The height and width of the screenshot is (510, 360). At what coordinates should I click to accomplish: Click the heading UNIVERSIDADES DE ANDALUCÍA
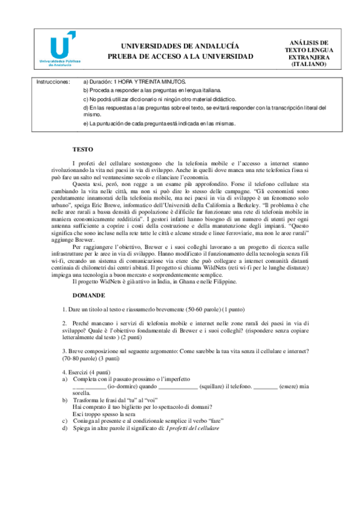point(180,46)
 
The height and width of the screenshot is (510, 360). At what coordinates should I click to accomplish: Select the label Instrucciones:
point(53,81)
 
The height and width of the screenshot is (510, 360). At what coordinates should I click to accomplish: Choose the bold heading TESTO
point(82,149)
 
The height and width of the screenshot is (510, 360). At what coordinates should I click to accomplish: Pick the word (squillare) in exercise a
point(215,387)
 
